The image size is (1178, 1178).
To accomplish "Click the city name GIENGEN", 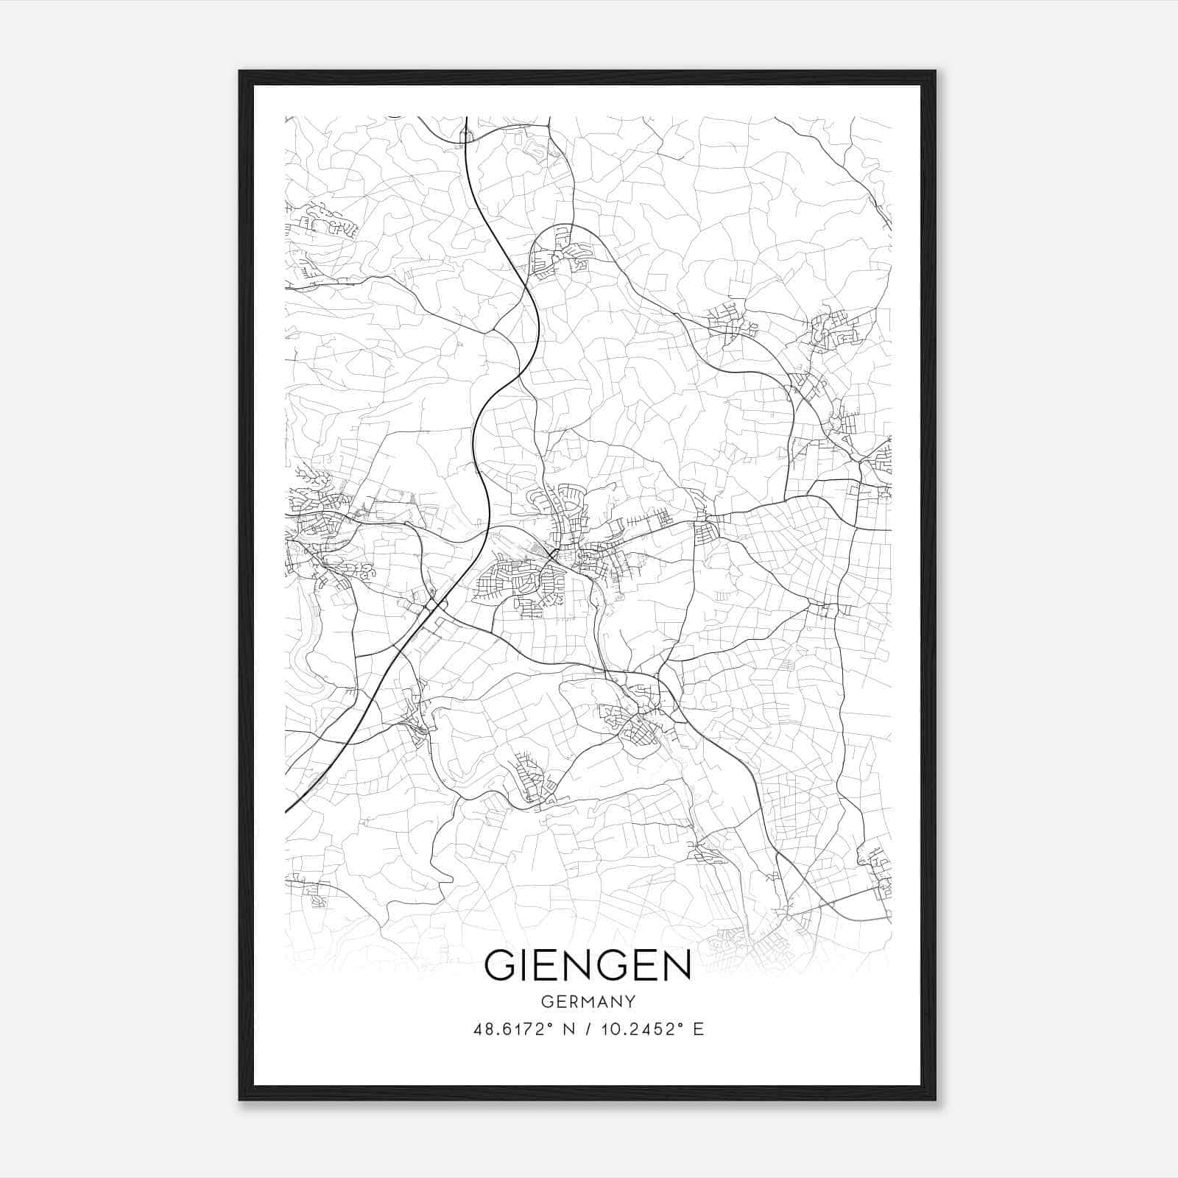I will pos(588,965).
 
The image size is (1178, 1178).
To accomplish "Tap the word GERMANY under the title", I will pos(588,1002).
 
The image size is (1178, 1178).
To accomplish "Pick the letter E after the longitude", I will pos(698,1029).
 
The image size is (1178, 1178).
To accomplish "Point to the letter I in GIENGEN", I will pos(525,965).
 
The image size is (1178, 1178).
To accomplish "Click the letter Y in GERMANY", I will pos(631,1002).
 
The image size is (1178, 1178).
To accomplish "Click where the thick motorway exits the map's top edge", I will pos(467,118).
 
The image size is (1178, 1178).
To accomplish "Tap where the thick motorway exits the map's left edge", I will pos(286,812).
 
